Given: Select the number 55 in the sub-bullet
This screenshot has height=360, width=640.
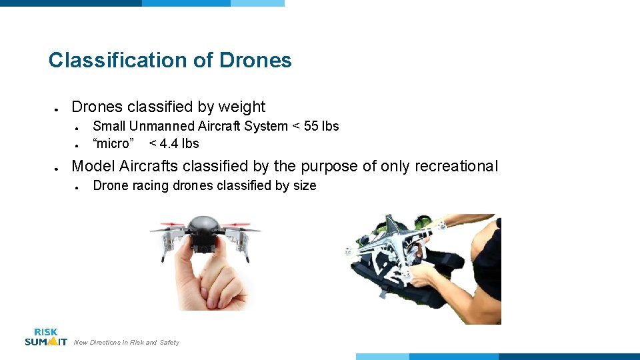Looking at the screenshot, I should click(x=311, y=126).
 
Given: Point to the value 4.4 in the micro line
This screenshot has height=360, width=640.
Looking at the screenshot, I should click(x=173, y=143).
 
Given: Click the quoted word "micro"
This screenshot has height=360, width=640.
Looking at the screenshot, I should click(x=113, y=143).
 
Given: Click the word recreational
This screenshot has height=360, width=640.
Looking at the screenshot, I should click(x=456, y=166).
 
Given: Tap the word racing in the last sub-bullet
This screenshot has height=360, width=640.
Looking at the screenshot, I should click(x=151, y=185).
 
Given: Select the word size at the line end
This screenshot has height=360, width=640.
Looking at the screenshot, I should click(x=304, y=185).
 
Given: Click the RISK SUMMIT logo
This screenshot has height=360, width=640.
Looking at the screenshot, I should click(x=46, y=337).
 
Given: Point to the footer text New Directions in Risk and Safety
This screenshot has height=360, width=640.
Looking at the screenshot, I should click(x=127, y=343).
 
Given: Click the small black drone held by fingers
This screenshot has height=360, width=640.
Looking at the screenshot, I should click(x=205, y=233).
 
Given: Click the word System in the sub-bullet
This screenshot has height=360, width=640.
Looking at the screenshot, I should click(x=265, y=126).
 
